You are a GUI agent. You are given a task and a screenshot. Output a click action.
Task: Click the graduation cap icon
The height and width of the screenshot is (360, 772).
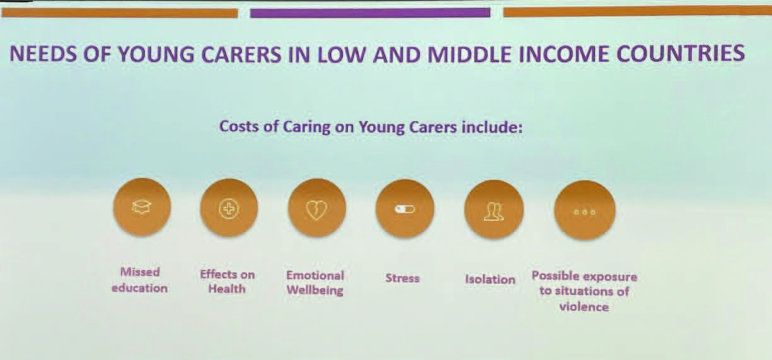[x=142, y=207]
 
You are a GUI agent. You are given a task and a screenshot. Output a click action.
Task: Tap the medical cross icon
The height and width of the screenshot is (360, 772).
[x=229, y=209]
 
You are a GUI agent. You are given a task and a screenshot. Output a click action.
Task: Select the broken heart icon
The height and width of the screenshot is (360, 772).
[x=316, y=210]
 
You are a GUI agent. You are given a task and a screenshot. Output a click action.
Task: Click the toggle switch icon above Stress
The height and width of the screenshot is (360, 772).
[x=405, y=209]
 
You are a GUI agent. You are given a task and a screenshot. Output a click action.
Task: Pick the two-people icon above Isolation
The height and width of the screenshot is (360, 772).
[x=494, y=211]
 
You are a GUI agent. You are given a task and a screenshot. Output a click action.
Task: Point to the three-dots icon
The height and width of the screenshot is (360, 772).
[x=585, y=212]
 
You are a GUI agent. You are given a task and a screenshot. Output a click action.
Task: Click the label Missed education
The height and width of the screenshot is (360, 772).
[x=139, y=280]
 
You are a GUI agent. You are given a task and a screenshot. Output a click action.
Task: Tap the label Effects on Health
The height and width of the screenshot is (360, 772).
[x=227, y=281]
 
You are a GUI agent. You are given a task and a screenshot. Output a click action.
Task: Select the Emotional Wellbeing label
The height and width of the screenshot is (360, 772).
[x=315, y=282]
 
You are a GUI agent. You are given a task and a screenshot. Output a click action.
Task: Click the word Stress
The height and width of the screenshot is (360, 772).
[x=402, y=278]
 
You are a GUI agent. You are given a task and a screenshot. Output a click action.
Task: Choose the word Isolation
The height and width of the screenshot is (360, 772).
[x=490, y=279]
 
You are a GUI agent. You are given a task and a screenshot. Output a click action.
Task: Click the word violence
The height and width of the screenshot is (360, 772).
[x=584, y=306]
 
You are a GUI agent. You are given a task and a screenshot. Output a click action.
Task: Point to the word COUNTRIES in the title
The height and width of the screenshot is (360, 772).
[x=681, y=54]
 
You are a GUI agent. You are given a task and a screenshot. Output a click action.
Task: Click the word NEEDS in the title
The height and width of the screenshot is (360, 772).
[x=43, y=54]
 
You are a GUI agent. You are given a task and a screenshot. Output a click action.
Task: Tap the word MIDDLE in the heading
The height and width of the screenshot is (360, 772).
[x=470, y=54]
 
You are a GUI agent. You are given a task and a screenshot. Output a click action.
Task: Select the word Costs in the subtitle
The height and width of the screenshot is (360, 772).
[x=239, y=126]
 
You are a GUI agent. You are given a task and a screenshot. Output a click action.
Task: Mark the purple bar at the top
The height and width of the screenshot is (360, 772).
[x=370, y=13]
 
